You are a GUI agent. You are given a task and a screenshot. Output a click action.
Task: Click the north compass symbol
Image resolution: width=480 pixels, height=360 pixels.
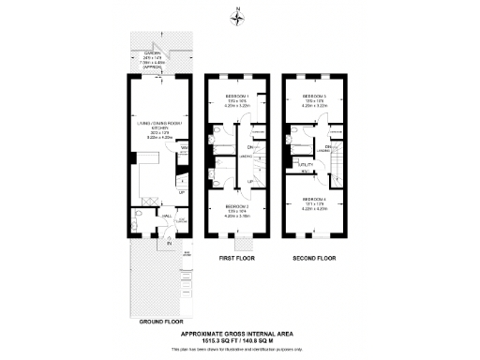[240, 13]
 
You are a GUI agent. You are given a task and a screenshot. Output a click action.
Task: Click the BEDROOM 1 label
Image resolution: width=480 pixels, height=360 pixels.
[236, 97]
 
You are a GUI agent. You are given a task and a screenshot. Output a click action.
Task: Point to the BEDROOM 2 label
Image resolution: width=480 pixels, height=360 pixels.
[236, 207]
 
